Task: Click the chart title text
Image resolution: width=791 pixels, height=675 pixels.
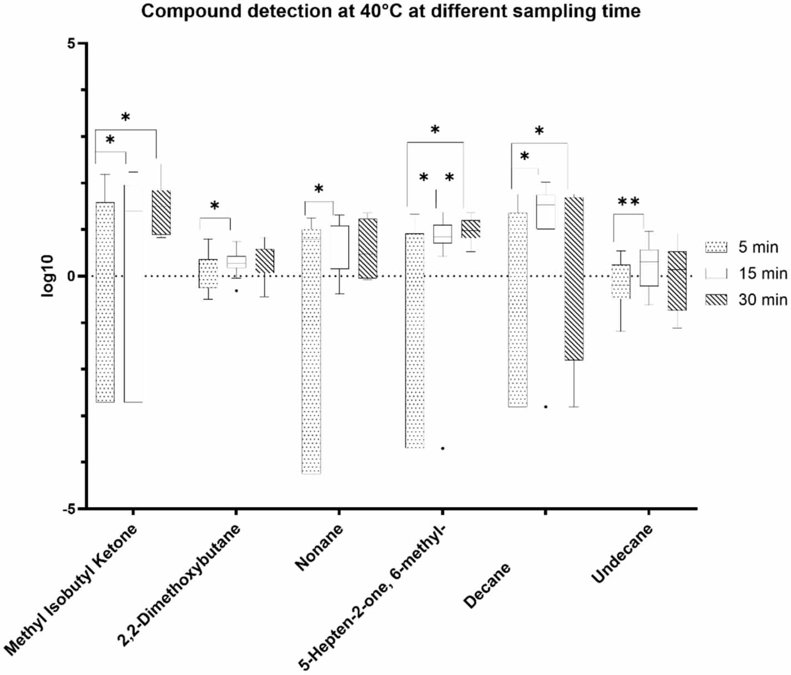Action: click(390, 11)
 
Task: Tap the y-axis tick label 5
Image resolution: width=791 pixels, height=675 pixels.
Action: click(71, 44)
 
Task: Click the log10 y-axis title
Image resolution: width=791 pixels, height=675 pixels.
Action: click(48, 276)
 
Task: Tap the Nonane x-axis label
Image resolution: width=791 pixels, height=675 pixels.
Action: click(319, 547)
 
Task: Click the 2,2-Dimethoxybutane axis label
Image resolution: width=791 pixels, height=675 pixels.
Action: click(179, 586)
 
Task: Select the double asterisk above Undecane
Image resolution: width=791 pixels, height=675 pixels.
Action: click(628, 203)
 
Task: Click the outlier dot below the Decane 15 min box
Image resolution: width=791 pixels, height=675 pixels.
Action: click(546, 407)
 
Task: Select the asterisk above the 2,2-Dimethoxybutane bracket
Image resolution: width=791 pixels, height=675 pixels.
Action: click(215, 207)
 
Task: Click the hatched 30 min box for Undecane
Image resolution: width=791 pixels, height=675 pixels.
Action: click(677, 281)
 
